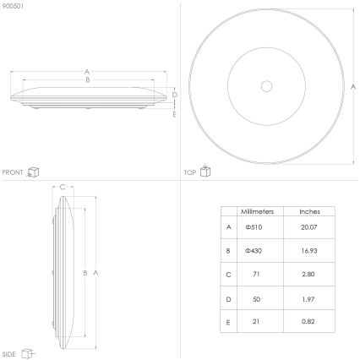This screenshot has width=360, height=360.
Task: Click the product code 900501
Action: (x=13, y=6)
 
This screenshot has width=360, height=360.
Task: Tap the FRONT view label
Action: (x=13, y=172)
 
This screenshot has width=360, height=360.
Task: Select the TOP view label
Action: (x=190, y=172)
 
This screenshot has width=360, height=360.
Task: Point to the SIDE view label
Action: (x=9, y=352)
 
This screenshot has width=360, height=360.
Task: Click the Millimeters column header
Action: (x=254, y=211)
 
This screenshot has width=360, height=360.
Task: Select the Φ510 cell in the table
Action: (x=254, y=226)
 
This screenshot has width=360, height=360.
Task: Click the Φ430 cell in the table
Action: (x=254, y=251)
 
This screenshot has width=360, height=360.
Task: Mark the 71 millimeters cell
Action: (x=254, y=275)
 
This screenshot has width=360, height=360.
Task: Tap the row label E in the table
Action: (x=228, y=322)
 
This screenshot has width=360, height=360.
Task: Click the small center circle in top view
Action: (x=266, y=86)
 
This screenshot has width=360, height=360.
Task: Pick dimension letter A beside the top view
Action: (x=353, y=87)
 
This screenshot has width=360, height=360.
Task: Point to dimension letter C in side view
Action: (x=63, y=188)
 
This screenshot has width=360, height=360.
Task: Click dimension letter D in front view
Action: (x=173, y=95)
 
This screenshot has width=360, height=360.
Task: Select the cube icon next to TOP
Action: (x=205, y=172)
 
